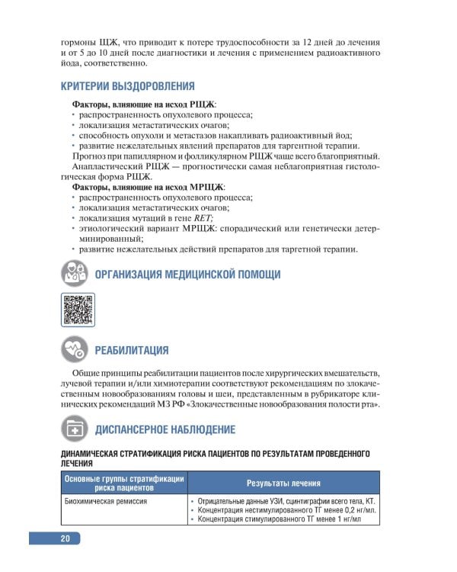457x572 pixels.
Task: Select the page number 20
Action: tap(66, 539)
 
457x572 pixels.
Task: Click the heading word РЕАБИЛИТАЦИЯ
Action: tap(132, 351)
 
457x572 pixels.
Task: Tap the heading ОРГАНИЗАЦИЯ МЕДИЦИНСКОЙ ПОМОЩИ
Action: tap(187, 275)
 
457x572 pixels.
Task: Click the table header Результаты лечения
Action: tap(283, 484)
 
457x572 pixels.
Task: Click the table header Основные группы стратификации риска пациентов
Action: tap(123, 484)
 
